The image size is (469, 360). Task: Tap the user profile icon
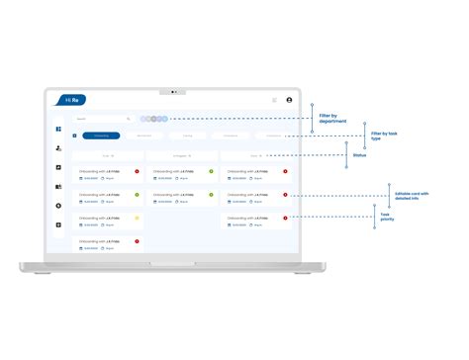289,100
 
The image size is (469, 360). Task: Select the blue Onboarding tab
102,135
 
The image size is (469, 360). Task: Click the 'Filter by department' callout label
332,120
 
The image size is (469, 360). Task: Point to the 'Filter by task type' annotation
384,135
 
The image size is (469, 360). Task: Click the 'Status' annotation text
360,154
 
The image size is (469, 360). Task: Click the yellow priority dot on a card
137,218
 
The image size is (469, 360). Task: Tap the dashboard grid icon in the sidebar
59,130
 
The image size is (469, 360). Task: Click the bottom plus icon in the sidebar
59,225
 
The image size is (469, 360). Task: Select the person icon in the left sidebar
59,148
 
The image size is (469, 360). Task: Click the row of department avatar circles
154,119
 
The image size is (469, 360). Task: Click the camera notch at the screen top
173,91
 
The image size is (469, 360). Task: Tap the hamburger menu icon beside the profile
274,100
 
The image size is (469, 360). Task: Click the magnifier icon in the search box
129,119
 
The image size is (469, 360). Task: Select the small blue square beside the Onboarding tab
75,135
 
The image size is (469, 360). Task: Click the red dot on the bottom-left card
137,240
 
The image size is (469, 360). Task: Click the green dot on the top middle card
211,171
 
